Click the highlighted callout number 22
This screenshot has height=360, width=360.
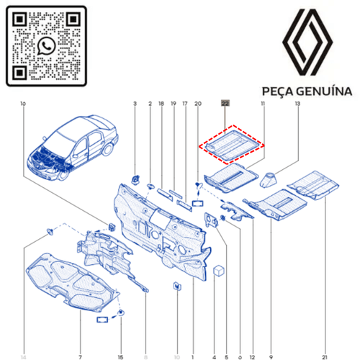(225, 104)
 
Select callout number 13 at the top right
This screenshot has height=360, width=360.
(297, 104)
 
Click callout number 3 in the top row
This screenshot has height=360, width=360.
(135, 104)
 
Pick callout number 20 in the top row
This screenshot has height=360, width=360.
(197, 104)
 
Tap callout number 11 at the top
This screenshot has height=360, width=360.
(263, 104)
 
